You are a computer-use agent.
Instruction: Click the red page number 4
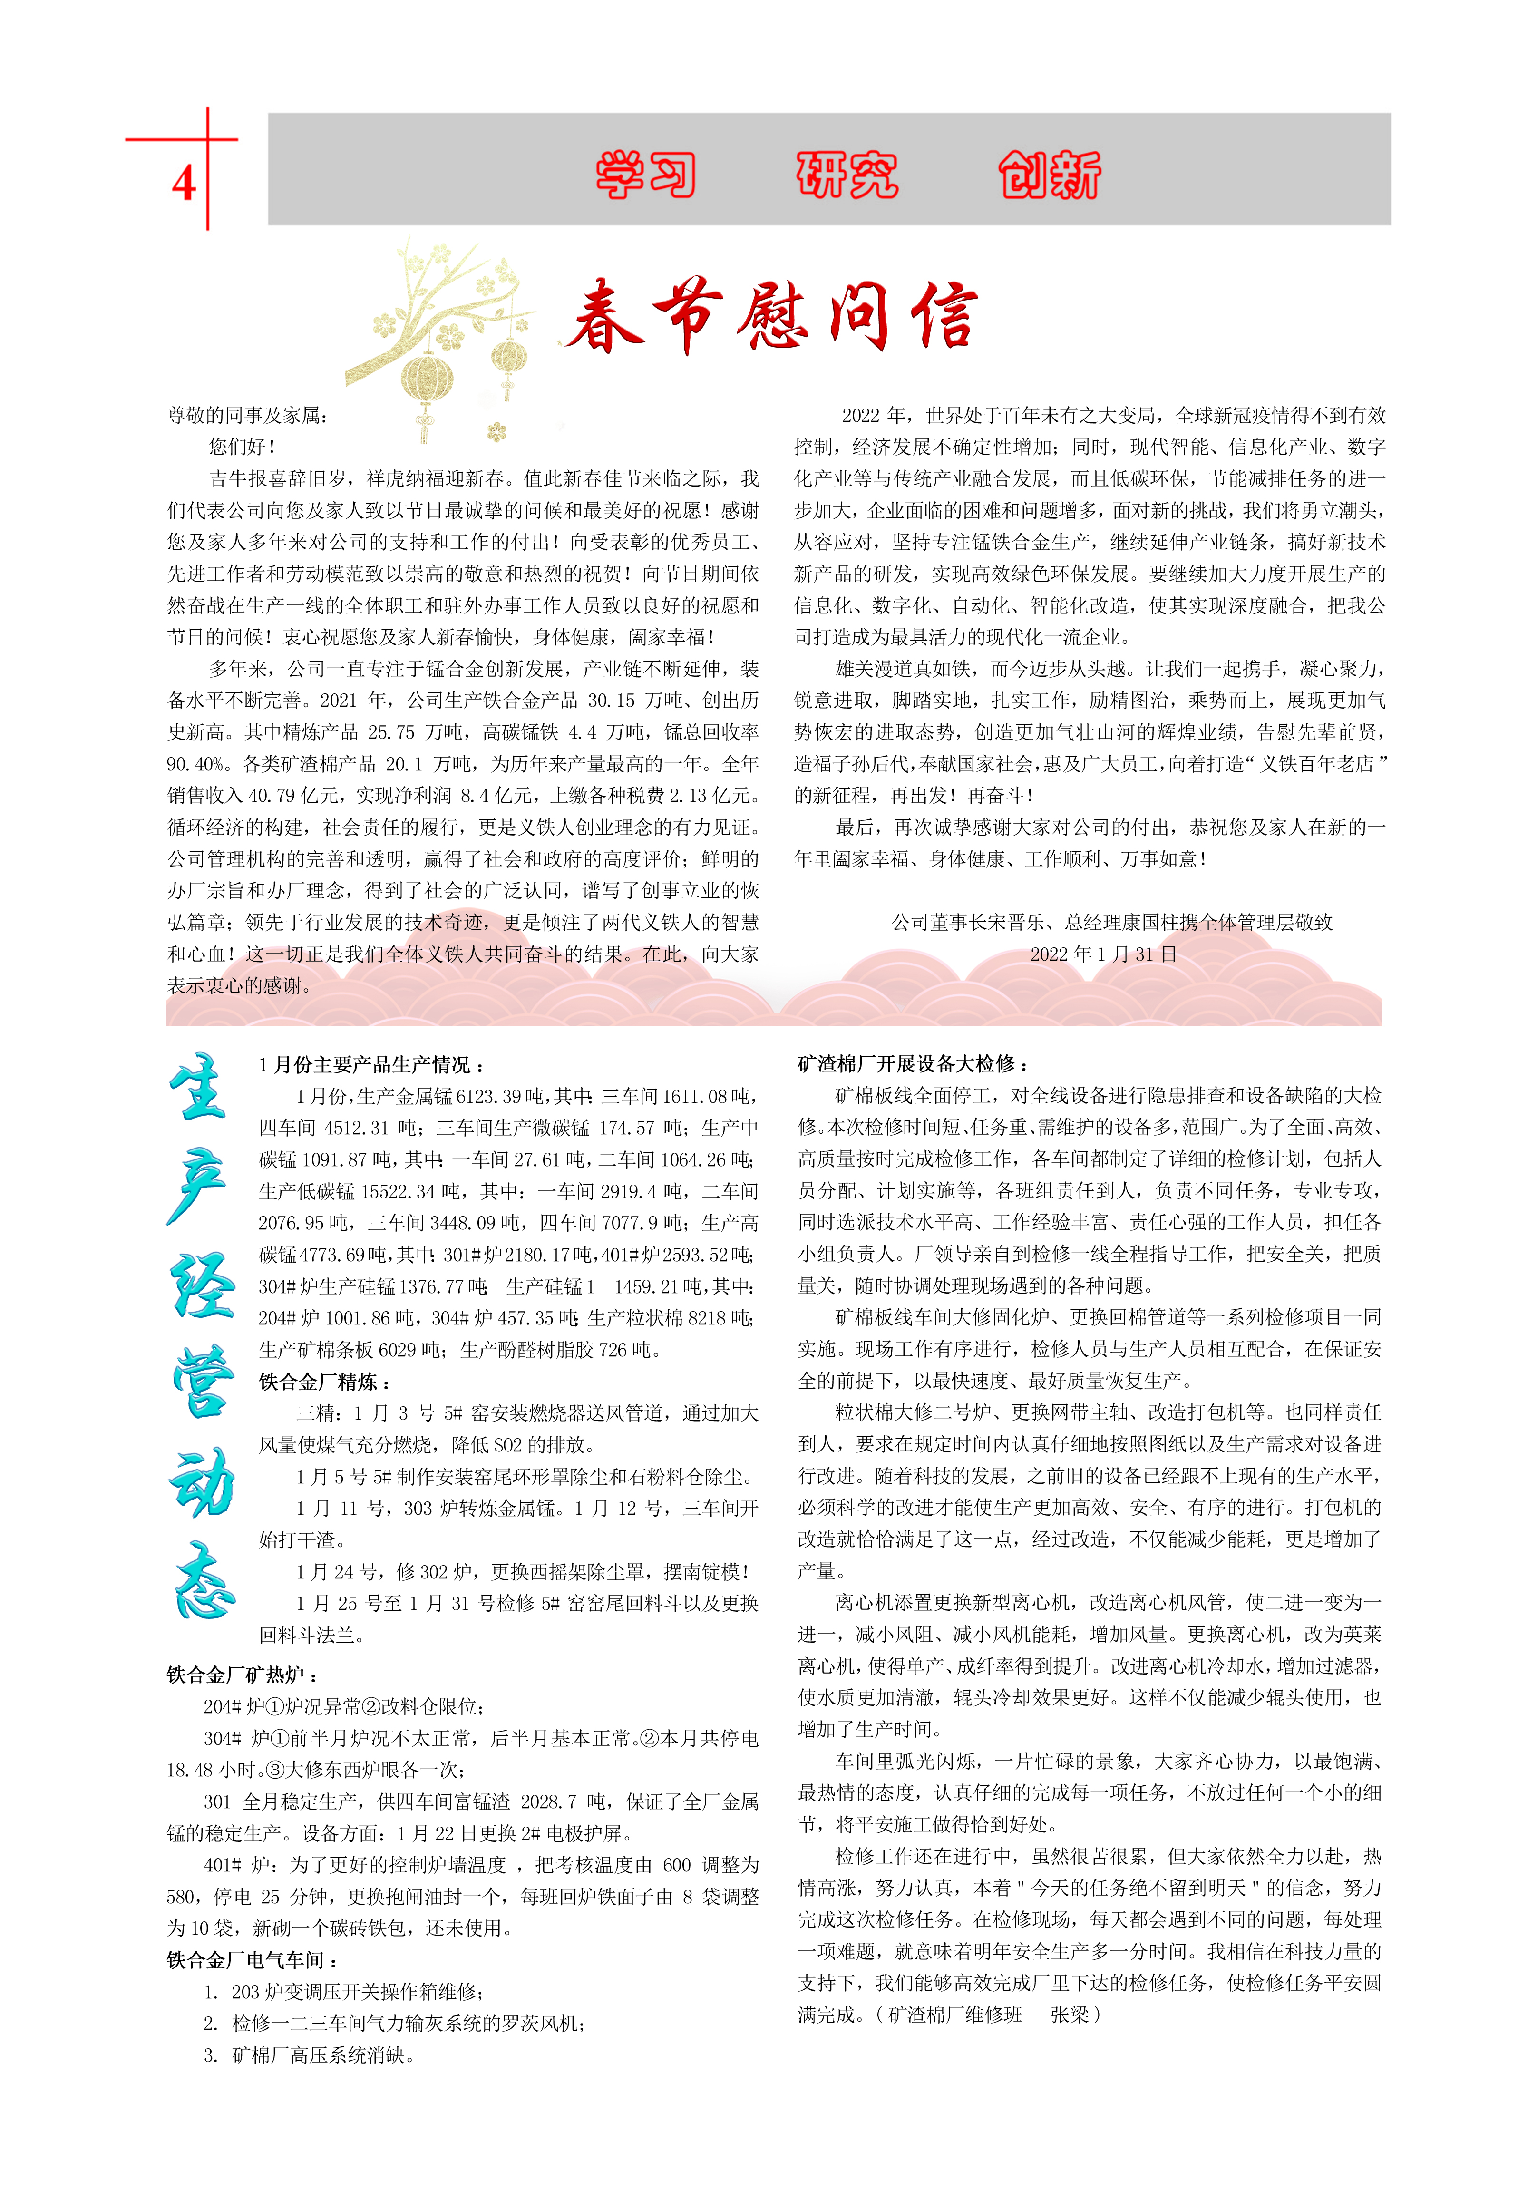pyautogui.click(x=184, y=183)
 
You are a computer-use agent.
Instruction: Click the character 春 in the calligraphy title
pyautogui.click(x=602, y=317)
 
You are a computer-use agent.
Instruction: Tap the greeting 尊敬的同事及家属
pyautogui.click(x=247, y=416)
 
